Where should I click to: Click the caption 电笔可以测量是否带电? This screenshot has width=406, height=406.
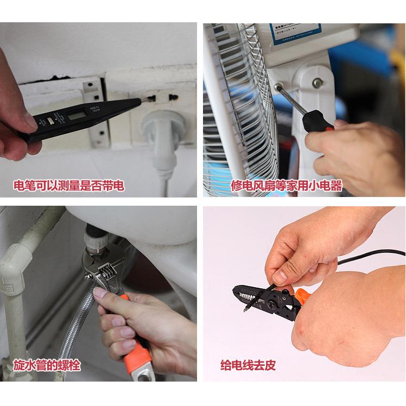(x=69, y=186)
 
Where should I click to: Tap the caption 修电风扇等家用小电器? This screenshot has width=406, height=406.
(x=287, y=186)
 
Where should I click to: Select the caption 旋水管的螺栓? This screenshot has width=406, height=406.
(x=47, y=365)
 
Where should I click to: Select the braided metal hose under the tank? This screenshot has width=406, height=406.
(x=76, y=337)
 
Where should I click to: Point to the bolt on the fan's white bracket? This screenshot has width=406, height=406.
(x=317, y=83)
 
